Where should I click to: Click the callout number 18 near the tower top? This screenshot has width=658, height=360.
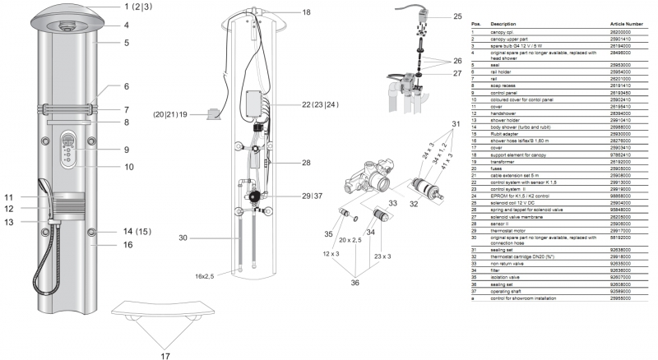[306, 12]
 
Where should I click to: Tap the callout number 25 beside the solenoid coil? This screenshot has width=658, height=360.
[457, 16]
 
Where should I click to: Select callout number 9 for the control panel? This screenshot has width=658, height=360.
[126, 150]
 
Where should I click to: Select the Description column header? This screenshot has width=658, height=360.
[505, 25]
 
